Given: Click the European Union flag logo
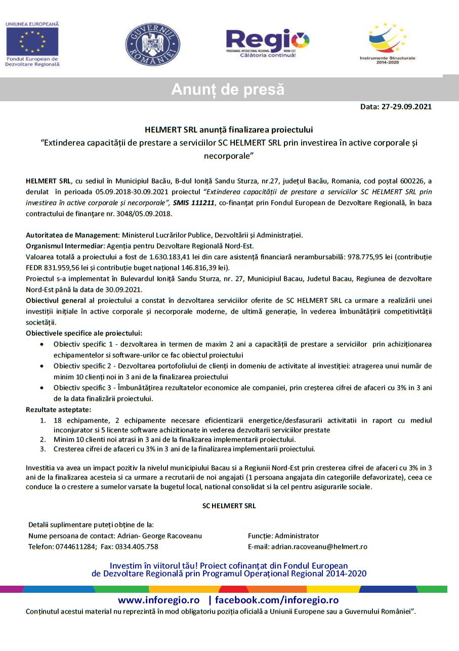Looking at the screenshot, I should click(x=32, y=42).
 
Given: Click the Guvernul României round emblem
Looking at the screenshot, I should click(x=152, y=45).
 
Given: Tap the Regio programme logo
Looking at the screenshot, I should click(x=267, y=43).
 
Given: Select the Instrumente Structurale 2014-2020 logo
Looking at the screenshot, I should click(x=387, y=43).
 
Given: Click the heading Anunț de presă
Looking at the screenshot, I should click(x=228, y=90).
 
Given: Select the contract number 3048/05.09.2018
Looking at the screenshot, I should click(x=144, y=214).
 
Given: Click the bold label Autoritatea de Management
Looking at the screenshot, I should click(x=71, y=235).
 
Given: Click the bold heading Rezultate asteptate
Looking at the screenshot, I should click(x=58, y=410).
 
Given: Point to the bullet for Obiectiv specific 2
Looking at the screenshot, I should click(x=42, y=366).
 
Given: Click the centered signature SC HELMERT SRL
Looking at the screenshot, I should click(x=229, y=505).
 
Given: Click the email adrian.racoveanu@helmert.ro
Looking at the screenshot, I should click(x=319, y=547).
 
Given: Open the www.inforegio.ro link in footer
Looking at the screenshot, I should click(x=159, y=600).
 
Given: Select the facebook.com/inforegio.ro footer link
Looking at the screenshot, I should click(x=277, y=600).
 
